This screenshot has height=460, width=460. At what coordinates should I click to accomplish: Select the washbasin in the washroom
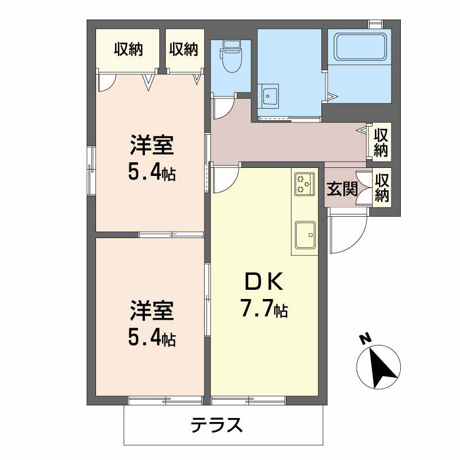pos(268,96)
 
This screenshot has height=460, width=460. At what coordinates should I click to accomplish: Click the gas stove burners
pos(305,184)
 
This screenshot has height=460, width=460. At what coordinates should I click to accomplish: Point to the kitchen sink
pos(305,235)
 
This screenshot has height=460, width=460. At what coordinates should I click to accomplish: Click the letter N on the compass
pos(366,339)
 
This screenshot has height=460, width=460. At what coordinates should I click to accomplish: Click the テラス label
pos(217,425)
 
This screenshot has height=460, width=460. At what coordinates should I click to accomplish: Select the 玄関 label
pos(342,189)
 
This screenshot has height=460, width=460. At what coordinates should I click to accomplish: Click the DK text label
pos(264,281)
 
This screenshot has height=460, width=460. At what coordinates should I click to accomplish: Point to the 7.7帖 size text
pos(264,308)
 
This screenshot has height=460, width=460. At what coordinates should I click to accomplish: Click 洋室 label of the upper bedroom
pos(152,145)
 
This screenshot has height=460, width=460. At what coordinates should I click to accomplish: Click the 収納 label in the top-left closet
pos(128,49)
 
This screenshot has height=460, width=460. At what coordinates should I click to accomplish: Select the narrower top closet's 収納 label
pos(183,49)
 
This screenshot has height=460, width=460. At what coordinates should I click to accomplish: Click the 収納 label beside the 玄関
pos(382,188)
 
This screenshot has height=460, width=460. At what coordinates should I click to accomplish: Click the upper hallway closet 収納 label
pos(381,143)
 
